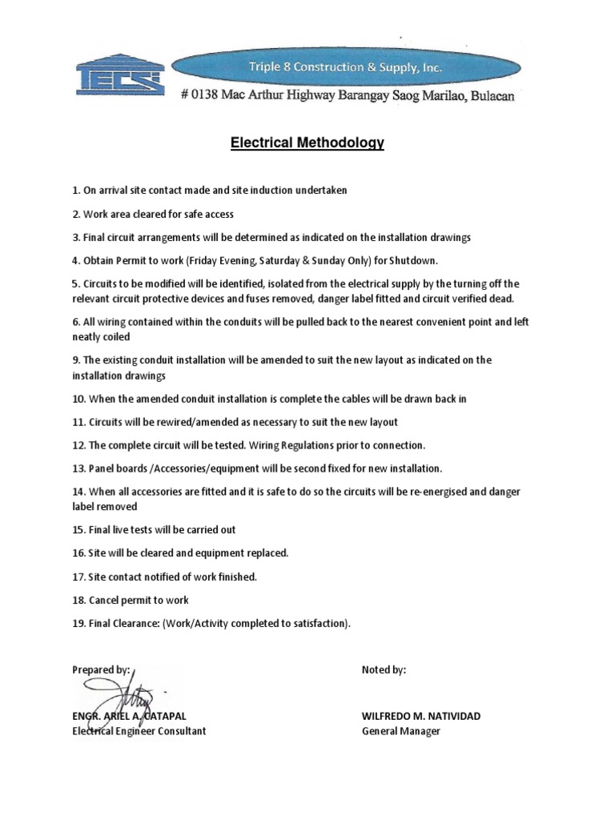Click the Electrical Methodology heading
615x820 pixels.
point(307,143)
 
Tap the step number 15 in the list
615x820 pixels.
point(78,529)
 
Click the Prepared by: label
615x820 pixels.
point(101,670)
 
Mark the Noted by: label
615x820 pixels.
point(384,670)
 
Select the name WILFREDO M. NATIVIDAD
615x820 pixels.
point(421,716)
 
